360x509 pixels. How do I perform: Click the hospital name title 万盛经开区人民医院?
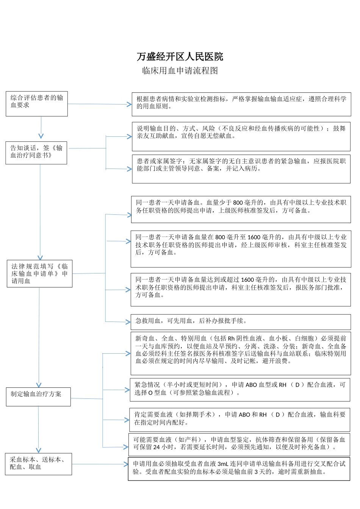coord(180,57)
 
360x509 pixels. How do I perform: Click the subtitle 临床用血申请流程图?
coord(180,71)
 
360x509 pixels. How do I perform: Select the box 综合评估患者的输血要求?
coord(36,103)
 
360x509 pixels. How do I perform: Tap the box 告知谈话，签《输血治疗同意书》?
coord(36,153)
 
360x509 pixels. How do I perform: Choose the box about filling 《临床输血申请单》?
coord(39,273)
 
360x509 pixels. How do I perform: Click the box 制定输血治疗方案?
coord(38,397)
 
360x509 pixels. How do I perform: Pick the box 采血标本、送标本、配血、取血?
coord(38,464)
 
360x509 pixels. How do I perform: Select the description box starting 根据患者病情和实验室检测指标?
coord(241,104)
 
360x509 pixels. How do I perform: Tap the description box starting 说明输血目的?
coord(241,136)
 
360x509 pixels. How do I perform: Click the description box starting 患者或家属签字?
coord(241,169)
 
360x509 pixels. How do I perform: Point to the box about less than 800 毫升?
coord(241,209)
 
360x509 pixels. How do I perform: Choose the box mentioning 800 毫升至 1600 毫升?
coord(241,249)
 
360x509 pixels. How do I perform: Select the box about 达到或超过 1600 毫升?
coord(241,290)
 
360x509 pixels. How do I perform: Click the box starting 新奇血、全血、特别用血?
coord(241,353)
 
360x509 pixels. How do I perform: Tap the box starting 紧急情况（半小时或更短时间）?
coord(240,390)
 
